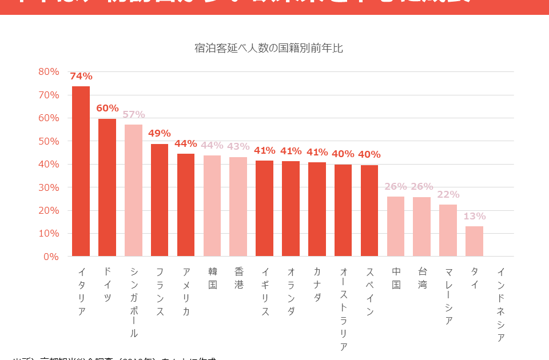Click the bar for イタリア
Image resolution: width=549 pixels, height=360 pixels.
(x=81, y=171)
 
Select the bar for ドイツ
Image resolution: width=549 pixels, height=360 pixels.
(x=107, y=187)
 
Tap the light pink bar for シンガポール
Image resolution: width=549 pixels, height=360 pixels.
(x=133, y=190)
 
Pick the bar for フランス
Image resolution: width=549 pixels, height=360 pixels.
(x=160, y=200)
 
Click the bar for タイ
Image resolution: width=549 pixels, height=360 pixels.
(x=474, y=241)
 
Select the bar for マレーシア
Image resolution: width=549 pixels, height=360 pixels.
(x=448, y=230)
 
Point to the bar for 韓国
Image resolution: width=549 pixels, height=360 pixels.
(x=212, y=206)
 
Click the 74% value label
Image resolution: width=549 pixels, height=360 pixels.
(x=81, y=76)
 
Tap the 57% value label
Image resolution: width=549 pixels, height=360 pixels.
(x=133, y=114)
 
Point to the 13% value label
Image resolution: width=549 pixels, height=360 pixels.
(x=474, y=216)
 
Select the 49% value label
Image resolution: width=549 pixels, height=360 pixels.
(x=160, y=133)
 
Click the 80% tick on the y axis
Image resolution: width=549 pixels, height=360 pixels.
(x=49, y=71)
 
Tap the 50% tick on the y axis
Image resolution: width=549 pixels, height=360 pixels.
(x=49, y=141)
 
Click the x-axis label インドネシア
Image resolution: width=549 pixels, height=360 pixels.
(x=500, y=305)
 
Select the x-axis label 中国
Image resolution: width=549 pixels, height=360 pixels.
(x=396, y=277)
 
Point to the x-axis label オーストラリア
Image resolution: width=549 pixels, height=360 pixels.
(x=343, y=309)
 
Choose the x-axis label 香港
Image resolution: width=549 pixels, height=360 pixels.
(x=238, y=277)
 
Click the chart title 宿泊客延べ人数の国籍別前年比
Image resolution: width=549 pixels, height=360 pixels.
(x=268, y=49)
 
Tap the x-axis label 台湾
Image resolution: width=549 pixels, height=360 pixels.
(x=422, y=277)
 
